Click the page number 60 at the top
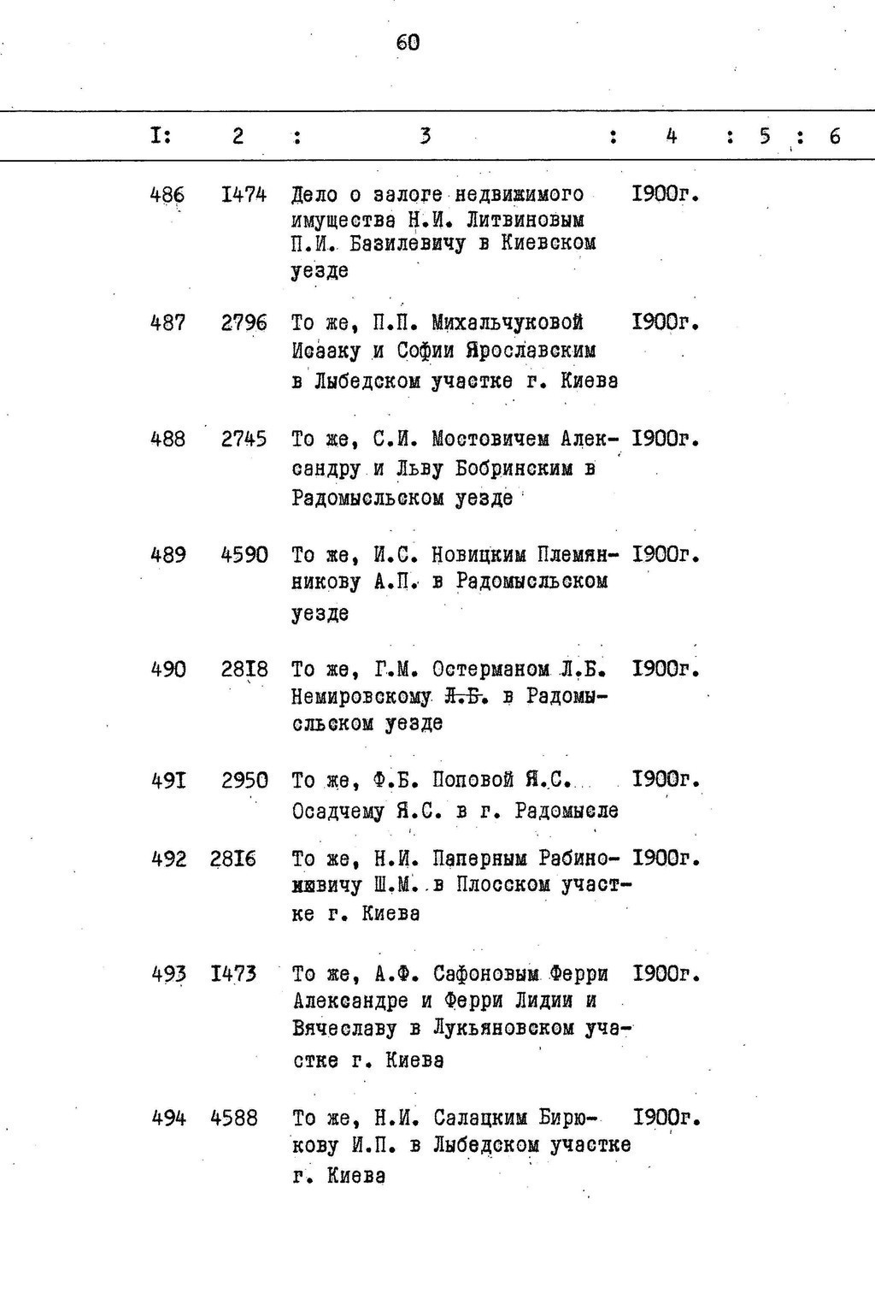(408, 42)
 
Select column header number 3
(425, 136)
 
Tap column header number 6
(834, 136)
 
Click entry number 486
(167, 195)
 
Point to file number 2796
(244, 323)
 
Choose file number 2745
(244, 440)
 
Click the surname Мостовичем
(490, 440)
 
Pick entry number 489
(167, 555)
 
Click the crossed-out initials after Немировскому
(466, 697)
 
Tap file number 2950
(244, 781)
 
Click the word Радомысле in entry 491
(566, 810)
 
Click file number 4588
(234, 1118)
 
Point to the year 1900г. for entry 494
(667, 1118)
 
